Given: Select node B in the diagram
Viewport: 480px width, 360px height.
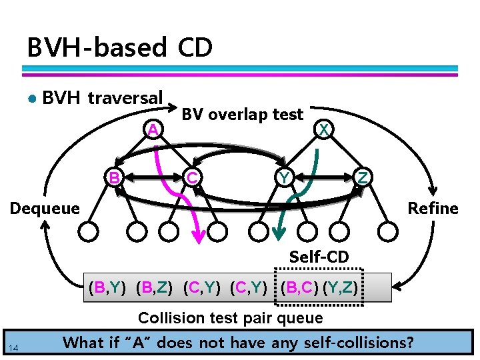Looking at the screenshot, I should pos(115,178).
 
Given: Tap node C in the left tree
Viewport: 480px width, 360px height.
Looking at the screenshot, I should pos(192,178).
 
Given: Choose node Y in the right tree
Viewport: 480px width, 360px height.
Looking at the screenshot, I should pos(285,178).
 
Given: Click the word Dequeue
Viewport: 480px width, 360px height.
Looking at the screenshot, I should pos(44,209).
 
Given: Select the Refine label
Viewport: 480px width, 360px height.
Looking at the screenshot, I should pos(433,209).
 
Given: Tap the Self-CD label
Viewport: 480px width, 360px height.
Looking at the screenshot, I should pos(319,256).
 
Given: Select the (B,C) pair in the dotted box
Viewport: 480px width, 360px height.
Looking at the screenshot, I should pos(299,289).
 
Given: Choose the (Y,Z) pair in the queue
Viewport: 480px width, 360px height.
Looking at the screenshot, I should pos(341,289).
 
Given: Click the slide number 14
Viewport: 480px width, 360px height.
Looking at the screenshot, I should pos(14,346).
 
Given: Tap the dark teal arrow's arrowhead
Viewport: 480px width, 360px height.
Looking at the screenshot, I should pos(279,233).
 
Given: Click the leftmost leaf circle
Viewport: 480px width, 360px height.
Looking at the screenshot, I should pos(88,231).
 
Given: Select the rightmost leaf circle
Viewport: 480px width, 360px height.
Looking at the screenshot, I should pos(387,231).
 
